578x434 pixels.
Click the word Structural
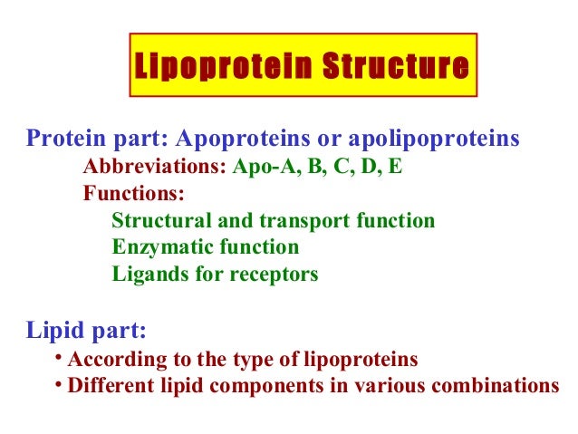pos(154,221)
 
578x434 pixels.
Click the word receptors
pos(274,274)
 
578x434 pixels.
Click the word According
pos(111,360)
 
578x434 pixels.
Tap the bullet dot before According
pos(57,356)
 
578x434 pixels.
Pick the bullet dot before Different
pos(57,383)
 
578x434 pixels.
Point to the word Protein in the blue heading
pos(62,140)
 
